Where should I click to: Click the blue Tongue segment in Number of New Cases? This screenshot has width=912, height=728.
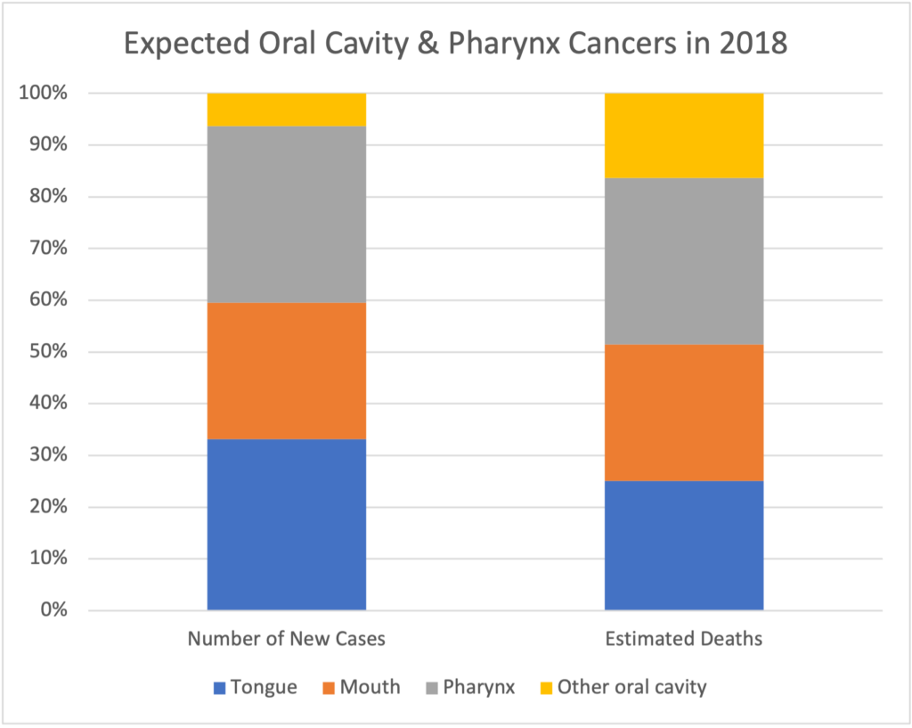coord(286,524)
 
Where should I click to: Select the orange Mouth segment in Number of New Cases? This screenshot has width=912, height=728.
coord(286,371)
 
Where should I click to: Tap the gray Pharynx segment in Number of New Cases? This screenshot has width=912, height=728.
coord(286,214)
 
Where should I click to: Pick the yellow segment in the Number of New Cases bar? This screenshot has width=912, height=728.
coord(286,110)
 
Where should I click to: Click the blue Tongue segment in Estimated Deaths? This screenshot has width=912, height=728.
coord(683,545)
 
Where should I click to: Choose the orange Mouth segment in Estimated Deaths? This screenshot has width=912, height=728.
coord(683,413)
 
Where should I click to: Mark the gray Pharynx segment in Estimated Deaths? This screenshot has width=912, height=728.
coord(683,261)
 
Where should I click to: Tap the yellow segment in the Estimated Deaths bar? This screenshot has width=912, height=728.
coord(683,135)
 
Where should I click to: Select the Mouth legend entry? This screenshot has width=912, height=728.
coord(360,688)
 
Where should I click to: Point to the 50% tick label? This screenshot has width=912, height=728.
coord(45,352)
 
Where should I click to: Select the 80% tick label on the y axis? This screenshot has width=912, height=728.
coord(45,196)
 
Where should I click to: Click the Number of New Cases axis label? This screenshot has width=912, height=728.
coord(286,640)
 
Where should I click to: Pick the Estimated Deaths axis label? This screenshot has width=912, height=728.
coord(683,640)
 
